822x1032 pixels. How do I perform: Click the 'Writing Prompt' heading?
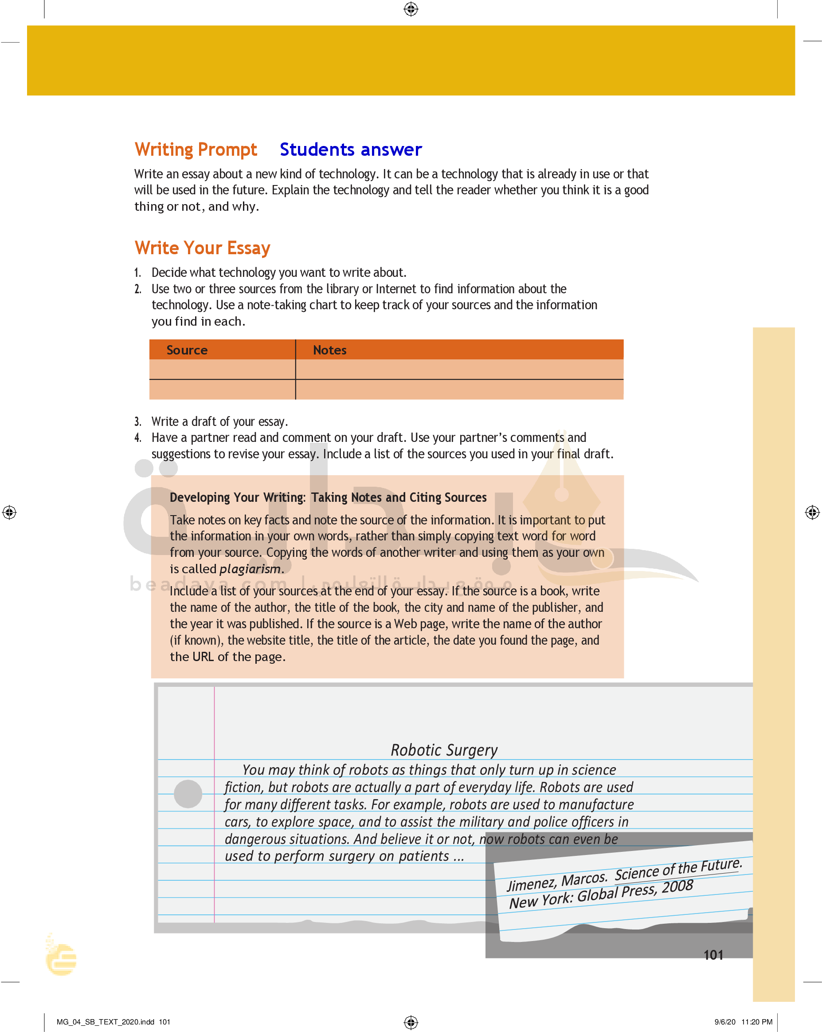pos(196,150)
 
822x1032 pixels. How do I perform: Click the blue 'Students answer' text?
pos(351,150)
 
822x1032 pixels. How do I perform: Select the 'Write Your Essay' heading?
pos(202,248)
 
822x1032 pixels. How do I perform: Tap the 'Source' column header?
pos(187,350)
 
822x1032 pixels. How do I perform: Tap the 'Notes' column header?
pos(330,350)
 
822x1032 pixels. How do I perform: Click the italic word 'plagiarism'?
pos(250,569)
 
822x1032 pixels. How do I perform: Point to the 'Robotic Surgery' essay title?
pos(444,749)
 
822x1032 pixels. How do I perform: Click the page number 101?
pos(713,955)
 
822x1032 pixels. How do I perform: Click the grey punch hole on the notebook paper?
pos(188,794)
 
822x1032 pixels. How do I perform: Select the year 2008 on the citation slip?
pos(677,886)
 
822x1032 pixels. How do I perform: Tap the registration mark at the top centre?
pos(411,9)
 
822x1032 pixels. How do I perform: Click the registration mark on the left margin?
pos(10,512)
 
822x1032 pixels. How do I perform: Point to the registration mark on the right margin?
pos(812,512)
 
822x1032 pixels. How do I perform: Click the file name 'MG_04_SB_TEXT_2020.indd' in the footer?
pos(105,1021)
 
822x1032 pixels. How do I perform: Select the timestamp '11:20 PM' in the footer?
pos(756,1021)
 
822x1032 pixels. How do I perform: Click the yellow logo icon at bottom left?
pos(61,958)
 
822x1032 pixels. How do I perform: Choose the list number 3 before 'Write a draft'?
pos(138,421)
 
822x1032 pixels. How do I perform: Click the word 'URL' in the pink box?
pos(203,657)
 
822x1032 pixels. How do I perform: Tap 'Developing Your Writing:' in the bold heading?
pos(237,497)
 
